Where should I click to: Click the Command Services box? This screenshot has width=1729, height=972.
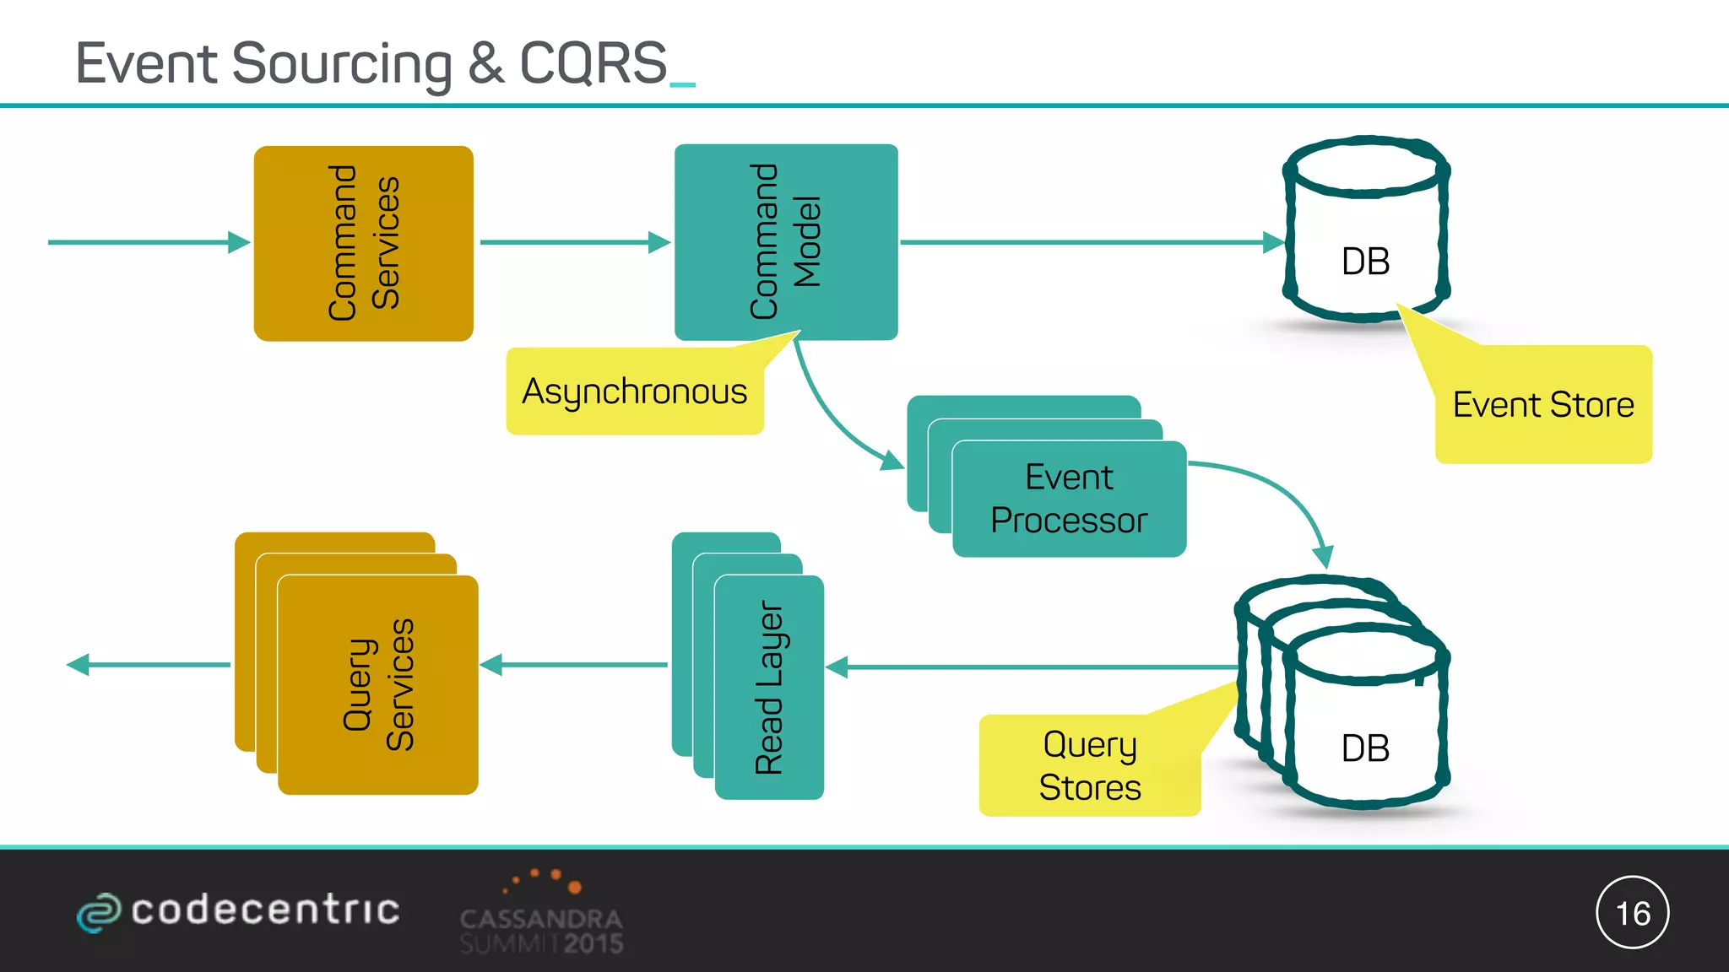click(x=363, y=243)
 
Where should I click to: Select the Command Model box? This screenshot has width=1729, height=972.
click(x=785, y=242)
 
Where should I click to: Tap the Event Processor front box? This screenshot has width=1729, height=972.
click(x=1069, y=499)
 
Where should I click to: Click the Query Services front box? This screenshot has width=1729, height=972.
click(x=377, y=684)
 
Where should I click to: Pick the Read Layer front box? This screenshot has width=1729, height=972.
click(x=768, y=687)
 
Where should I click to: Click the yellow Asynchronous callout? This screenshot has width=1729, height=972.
click(x=634, y=391)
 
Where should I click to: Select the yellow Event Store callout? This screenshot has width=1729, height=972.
click(x=1543, y=405)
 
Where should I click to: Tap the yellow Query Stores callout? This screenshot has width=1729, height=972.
click(x=1089, y=765)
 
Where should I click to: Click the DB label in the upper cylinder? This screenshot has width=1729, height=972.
click(x=1365, y=262)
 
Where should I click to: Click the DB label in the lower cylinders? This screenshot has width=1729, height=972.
click(x=1365, y=748)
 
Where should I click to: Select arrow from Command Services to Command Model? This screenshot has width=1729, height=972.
click(x=574, y=242)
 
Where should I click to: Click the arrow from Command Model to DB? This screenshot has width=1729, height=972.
click(x=1089, y=242)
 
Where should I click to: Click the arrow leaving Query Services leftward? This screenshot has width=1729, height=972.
click(x=148, y=665)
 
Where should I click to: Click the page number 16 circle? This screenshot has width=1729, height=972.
click(x=1632, y=912)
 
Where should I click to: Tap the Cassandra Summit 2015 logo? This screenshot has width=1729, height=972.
click(x=542, y=915)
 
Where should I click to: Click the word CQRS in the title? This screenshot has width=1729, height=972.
click(x=593, y=63)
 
